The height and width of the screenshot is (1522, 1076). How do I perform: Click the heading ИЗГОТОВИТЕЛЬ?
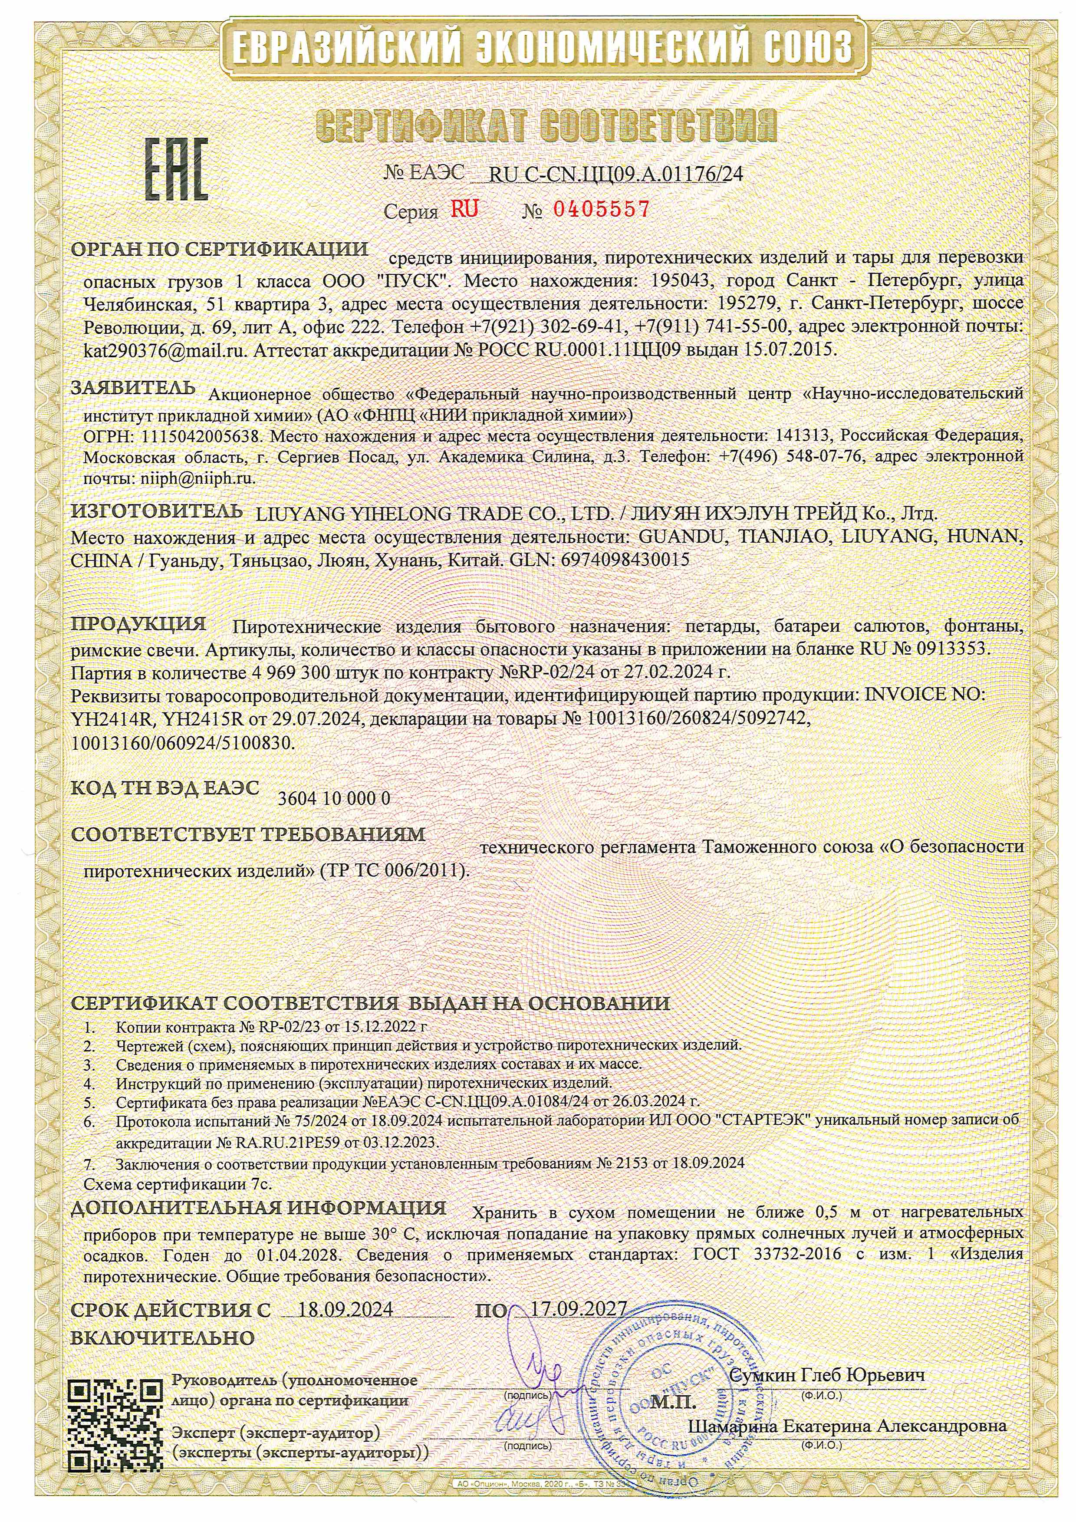click(156, 511)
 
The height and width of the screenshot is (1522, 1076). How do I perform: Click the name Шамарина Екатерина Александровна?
click(847, 1425)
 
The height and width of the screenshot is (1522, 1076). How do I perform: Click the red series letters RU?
click(464, 210)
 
